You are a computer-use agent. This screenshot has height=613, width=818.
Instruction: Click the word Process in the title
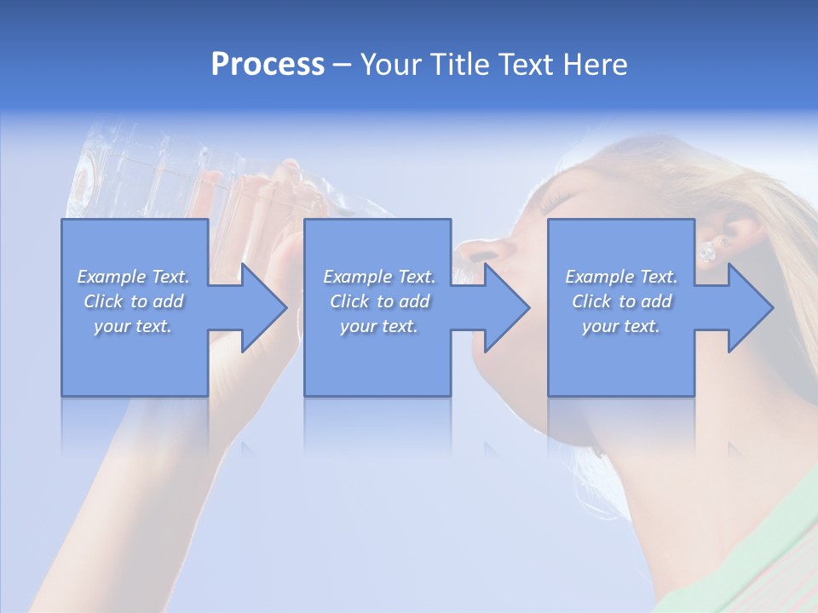click(x=268, y=65)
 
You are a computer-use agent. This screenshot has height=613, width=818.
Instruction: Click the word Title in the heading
click(x=458, y=65)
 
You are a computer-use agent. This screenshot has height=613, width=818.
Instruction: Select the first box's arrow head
click(x=264, y=307)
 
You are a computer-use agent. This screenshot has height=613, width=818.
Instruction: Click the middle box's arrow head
click(x=507, y=307)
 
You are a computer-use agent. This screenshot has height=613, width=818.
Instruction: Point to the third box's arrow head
click(x=751, y=307)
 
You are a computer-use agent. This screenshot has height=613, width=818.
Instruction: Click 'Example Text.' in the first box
click(x=134, y=277)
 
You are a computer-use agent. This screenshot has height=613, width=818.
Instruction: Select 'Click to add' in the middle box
click(x=379, y=301)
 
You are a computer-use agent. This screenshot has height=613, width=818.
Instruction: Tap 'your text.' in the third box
click(x=620, y=326)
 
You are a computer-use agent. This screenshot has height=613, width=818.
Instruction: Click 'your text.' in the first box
click(x=134, y=326)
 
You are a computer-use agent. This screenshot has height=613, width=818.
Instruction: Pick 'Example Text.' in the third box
click(x=621, y=277)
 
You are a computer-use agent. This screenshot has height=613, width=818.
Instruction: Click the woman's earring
click(x=706, y=252)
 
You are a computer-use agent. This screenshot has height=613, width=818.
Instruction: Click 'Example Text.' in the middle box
click(x=379, y=277)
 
